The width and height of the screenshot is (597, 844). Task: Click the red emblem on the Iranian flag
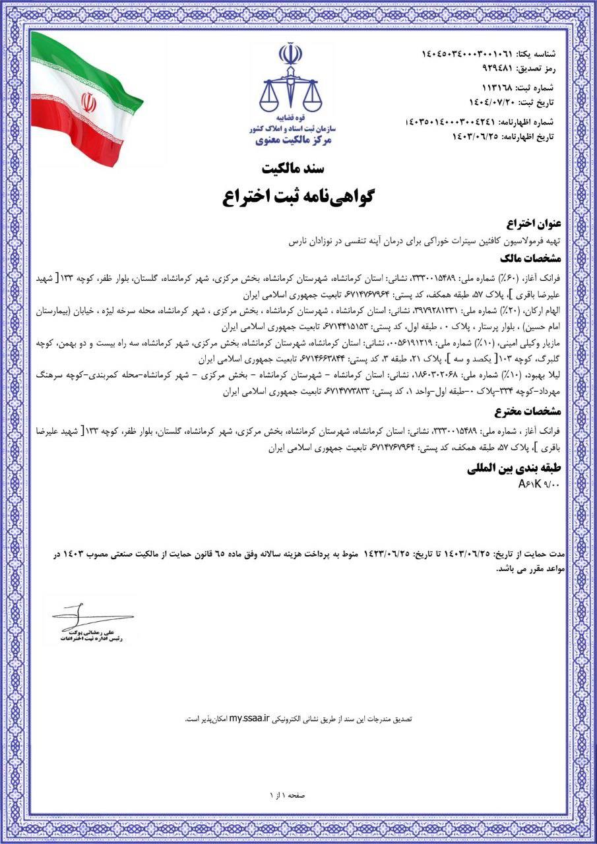[x=88, y=103]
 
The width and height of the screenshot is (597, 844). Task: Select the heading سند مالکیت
[x=298, y=167]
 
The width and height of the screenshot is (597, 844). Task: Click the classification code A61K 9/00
[x=539, y=485]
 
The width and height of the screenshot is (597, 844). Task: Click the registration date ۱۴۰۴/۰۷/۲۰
[x=492, y=102]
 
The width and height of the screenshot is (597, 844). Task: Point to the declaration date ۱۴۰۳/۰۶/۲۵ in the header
[x=474, y=136]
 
